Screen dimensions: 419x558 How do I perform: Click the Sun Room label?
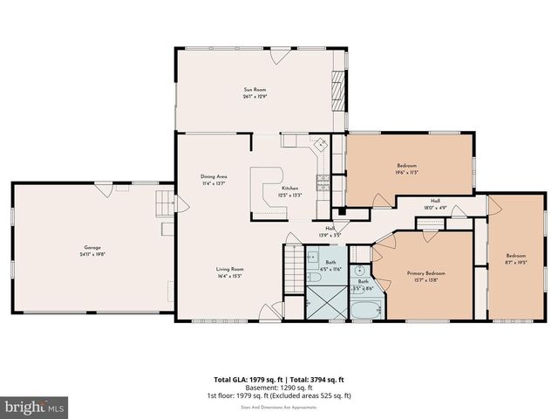pyautogui.click(x=254, y=93)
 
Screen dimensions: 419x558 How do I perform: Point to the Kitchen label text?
pyautogui.click(x=289, y=192)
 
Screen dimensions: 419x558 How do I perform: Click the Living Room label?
pyautogui.click(x=230, y=272)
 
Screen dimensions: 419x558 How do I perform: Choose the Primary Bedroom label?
pyautogui.click(x=426, y=277)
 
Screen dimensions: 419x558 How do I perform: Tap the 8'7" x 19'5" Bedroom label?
pyautogui.click(x=516, y=259)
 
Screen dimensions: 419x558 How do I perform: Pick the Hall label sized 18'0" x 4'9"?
pyautogui.click(x=435, y=205)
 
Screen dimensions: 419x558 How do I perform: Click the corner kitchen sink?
pyautogui.click(x=320, y=144)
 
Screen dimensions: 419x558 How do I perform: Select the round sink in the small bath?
pyautogui.click(x=361, y=270)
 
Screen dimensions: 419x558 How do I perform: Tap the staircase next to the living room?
pyautogui.click(x=295, y=261)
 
